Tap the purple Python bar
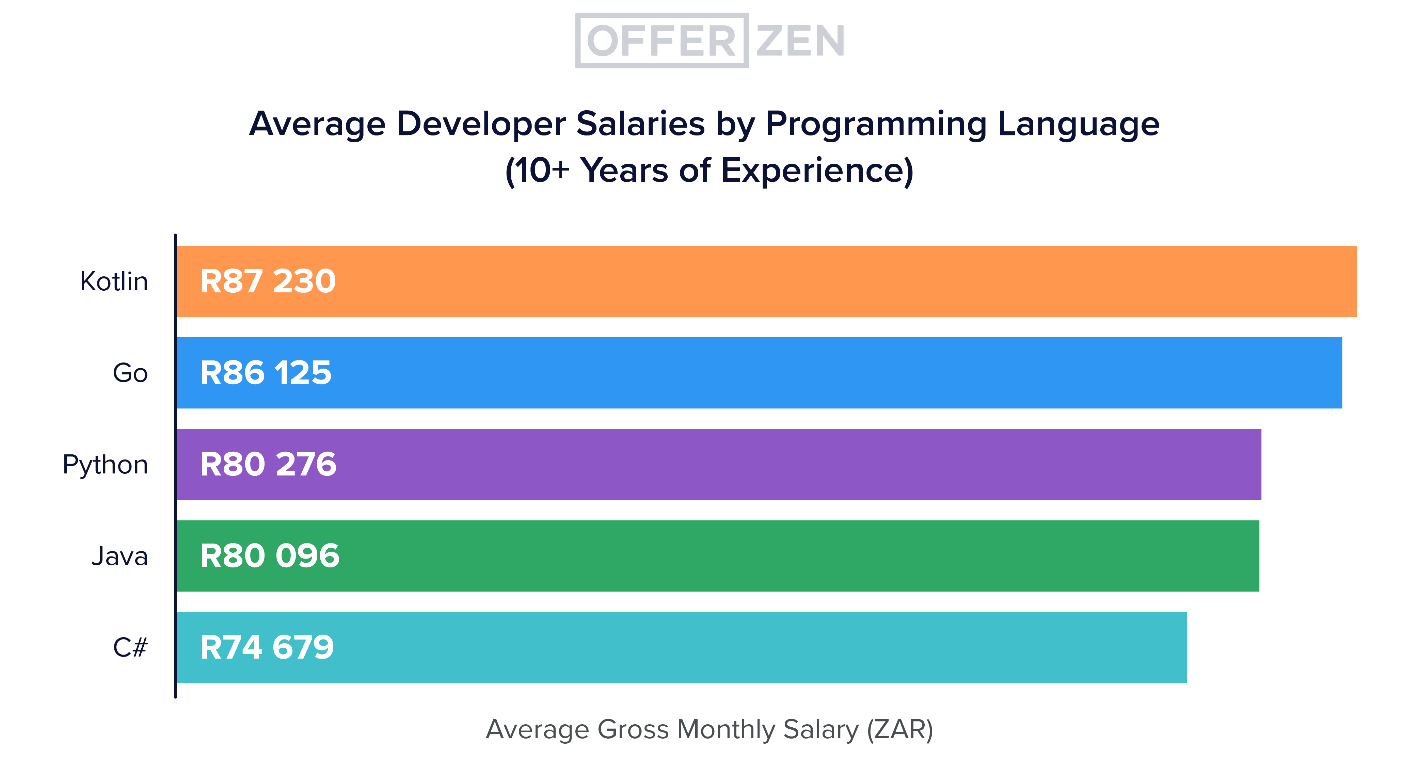click(x=771, y=464)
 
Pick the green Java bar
click(x=771, y=556)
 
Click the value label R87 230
click(x=268, y=281)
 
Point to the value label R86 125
click(x=266, y=373)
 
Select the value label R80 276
click(x=268, y=464)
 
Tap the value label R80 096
click(x=269, y=556)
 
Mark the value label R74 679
click(x=267, y=647)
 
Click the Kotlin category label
click(x=114, y=281)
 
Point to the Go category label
click(x=130, y=373)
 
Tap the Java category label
click(x=119, y=556)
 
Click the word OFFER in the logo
click(x=661, y=41)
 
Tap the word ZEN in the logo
click(x=800, y=41)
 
